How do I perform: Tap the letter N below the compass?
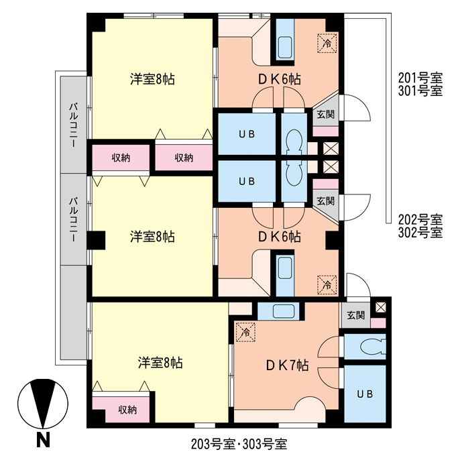43,441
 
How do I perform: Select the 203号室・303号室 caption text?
238,443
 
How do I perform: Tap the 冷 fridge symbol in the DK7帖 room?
245,331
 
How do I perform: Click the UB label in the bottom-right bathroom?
365,393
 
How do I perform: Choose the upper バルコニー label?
74,124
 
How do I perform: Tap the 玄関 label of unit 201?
325,115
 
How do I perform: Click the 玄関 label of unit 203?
355,315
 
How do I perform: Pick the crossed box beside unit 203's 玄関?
381,307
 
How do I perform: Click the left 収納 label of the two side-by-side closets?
121,158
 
